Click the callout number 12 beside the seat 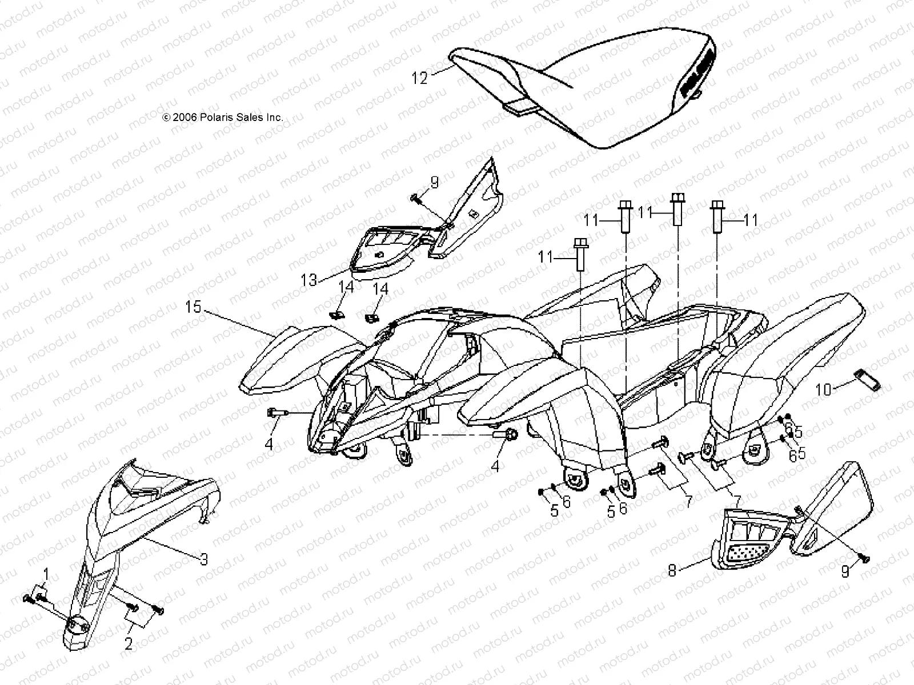(x=420, y=78)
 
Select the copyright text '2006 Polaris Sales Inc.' (x=223, y=117)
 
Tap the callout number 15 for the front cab (x=193, y=308)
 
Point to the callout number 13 (x=309, y=280)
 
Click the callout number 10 (x=824, y=390)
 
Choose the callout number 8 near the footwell (x=672, y=570)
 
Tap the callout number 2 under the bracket (x=129, y=644)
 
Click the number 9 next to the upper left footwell (x=435, y=183)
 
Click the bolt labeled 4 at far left (x=275, y=412)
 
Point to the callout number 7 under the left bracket (x=687, y=502)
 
